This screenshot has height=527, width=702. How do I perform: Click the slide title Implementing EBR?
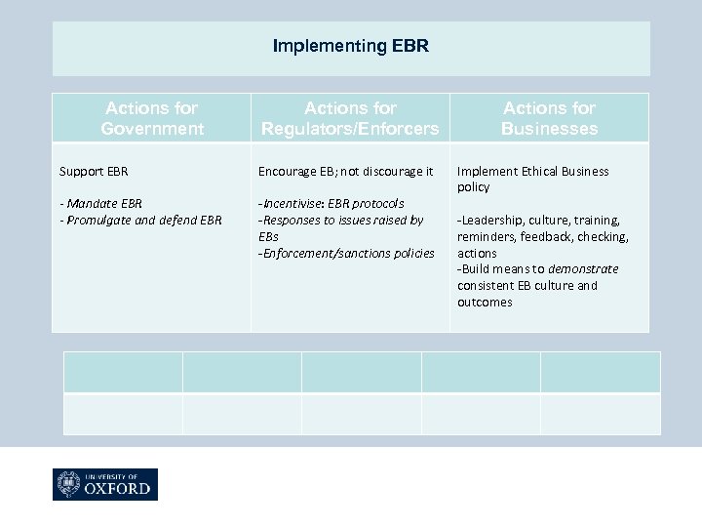click(350, 46)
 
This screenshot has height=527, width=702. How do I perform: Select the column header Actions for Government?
click(152, 118)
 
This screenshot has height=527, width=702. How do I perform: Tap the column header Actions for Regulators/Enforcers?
click(350, 118)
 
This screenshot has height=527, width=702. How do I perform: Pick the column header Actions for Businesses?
click(550, 118)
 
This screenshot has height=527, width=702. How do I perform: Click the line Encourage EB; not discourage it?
click(345, 171)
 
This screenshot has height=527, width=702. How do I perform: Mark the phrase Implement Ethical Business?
click(532, 171)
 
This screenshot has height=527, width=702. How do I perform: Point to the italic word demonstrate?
click(583, 269)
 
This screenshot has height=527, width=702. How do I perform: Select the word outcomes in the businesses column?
click(485, 303)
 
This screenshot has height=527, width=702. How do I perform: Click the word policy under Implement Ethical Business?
click(474, 187)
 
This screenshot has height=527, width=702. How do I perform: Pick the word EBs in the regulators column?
click(268, 236)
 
